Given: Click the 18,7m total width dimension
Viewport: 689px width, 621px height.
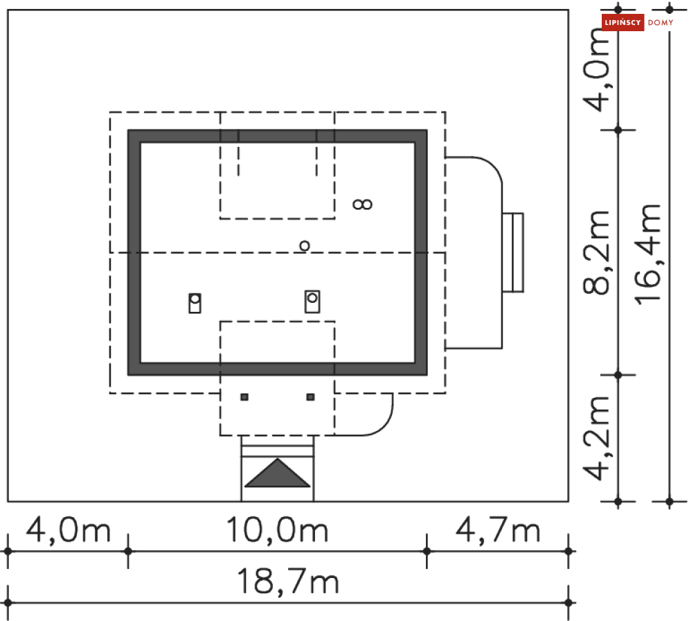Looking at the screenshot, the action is point(288,582).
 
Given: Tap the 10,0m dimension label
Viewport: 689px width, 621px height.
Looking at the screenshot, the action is point(277,530).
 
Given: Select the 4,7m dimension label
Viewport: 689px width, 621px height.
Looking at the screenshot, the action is point(498,530).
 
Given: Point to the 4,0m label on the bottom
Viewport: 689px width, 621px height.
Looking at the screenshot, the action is point(68,530).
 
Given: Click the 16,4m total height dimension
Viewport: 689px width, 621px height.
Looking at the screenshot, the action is point(647,254).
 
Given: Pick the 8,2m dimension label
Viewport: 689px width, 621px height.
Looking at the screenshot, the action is point(596,252).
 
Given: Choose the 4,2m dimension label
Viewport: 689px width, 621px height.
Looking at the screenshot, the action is point(596,438).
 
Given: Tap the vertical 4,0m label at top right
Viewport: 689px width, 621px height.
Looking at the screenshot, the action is point(596,69).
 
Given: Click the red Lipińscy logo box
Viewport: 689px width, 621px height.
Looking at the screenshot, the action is point(623,22).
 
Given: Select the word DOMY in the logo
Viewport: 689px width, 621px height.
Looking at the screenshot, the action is point(661,22).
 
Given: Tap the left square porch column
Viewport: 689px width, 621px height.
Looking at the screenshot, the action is point(244,397).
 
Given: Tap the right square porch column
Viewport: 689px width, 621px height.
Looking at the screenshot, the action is point(311,397).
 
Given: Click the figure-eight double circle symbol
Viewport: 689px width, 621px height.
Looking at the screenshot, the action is point(363,204).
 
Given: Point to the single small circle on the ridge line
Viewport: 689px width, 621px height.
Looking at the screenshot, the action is point(305,246).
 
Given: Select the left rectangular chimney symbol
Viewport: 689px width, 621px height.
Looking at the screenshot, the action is point(195,303).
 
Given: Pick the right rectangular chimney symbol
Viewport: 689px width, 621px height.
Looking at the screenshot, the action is point(312,301).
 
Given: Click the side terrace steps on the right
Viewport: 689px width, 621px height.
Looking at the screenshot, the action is point(513,252).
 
